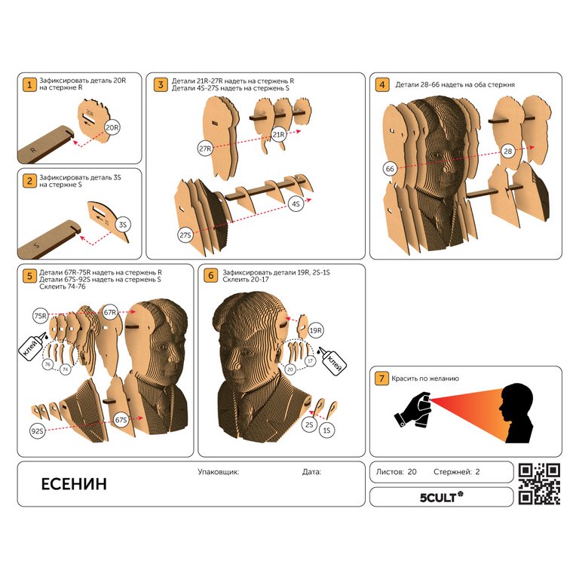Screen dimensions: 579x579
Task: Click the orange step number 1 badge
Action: click(29, 84)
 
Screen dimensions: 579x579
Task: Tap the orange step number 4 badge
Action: click(382, 84)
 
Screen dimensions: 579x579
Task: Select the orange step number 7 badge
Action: click(381, 378)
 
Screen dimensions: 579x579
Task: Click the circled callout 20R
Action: click(112, 127)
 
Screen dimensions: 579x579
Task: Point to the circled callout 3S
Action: click(123, 225)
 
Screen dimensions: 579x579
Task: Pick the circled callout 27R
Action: click(205, 149)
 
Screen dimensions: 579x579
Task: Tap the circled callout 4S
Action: click(296, 204)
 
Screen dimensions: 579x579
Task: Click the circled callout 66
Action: click(390, 169)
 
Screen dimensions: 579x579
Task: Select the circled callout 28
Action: click(508, 151)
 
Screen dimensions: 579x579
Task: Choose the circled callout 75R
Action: click(41, 316)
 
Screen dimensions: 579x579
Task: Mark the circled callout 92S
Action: click(37, 431)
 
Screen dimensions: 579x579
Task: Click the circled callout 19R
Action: click(316, 330)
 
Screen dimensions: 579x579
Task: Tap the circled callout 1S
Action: click(326, 430)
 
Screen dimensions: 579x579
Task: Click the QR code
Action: click(539, 484)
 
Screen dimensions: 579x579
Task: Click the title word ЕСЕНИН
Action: click(74, 484)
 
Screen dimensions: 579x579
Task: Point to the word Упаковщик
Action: click(218, 471)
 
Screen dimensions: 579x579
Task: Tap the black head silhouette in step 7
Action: click(516, 413)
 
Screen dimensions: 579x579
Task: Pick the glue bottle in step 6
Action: click(332, 361)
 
